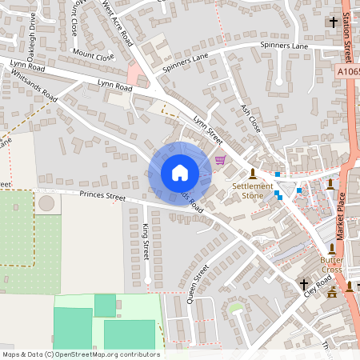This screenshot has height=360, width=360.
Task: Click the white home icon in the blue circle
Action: click(x=180, y=173)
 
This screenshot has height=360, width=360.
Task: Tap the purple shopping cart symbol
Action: click(x=220, y=160)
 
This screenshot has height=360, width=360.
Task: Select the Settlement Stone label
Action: click(x=253, y=190)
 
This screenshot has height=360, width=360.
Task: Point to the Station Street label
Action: click(x=347, y=36)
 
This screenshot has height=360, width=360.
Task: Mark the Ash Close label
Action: click(x=251, y=118)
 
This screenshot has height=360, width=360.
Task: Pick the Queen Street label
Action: click(x=197, y=284)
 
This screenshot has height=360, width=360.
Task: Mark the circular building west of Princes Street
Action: click(x=47, y=203)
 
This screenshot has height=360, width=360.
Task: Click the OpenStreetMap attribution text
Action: click(x=81, y=354)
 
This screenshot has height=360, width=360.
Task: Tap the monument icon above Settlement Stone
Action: click(x=253, y=173)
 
